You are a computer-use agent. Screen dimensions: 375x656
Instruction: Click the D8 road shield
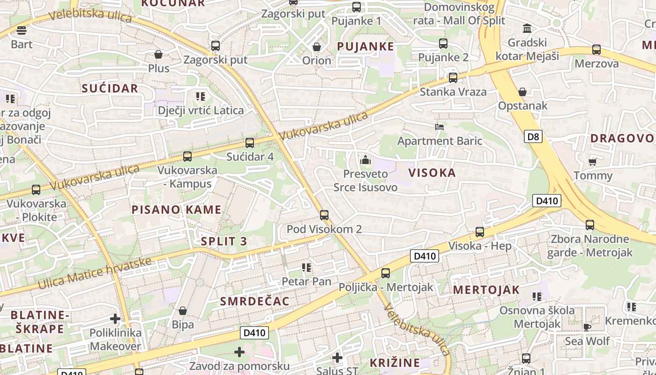pyautogui.click(x=533, y=137)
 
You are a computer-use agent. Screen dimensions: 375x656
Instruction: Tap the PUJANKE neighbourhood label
pyautogui.click(x=365, y=46)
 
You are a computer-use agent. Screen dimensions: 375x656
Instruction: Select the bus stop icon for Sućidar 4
pyautogui.click(x=250, y=143)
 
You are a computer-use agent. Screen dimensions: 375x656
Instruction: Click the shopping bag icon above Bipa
pyautogui.click(x=183, y=311)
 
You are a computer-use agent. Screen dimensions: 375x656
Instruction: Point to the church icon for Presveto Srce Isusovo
pyautogui.click(x=365, y=160)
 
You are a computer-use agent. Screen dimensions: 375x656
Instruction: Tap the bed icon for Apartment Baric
pyautogui.click(x=440, y=127)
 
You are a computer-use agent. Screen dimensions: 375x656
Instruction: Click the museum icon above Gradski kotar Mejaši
pyautogui.click(x=527, y=29)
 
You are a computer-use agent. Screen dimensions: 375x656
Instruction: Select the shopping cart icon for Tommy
pyautogui.click(x=593, y=162)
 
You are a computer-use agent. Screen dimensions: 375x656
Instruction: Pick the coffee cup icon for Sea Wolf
pyautogui.click(x=587, y=327)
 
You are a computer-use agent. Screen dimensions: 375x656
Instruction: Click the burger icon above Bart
pyautogui.click(x=22, y=30)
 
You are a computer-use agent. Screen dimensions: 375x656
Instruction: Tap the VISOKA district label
pyautogui.click(x=432, y=172)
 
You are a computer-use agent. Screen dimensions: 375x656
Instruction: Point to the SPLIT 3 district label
pyautogui.click(x=224, y=241)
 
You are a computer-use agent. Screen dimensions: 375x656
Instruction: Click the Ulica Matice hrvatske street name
pyautogui.click(x=95, y=273)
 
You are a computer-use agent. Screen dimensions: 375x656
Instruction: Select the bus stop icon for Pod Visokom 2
pyautogui.click(x=324, y=215)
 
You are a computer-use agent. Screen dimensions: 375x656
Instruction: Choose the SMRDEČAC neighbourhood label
pyautogui.click(x=255, y=301)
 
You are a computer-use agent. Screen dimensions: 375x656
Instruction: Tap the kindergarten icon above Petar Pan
pyautogui.click(x=306, y=268)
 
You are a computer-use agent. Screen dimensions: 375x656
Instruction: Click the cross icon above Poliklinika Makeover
pyautogui.click(x=115, y=319)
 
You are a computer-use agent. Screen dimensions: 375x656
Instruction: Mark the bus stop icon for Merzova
pyautogui.click(x=596, y=50)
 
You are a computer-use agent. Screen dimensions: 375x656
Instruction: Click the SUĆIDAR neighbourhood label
pyautogui.click(x=110, y=88)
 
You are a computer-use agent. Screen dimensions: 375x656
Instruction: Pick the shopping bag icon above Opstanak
pyautogui.click(x=522, y=92)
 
